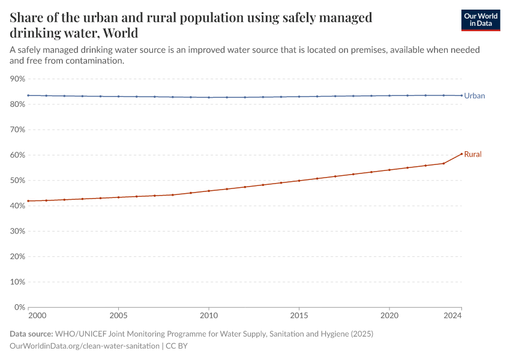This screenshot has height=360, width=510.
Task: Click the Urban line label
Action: [x=474, y=96]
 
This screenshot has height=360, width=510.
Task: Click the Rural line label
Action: [x=472, y=155]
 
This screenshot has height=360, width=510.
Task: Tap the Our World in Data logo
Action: [x=480, y=20]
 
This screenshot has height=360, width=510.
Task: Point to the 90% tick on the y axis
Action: [x=17, y=79]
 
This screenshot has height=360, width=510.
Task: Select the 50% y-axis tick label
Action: [x=17, y=181]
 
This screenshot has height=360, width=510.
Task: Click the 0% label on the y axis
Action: [x=20, y=307]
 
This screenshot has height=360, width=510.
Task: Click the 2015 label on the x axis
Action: [x=299, y=315]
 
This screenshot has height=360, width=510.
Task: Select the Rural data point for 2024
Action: [x=461, y=154]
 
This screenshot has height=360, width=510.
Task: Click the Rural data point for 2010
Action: [x=209, y=191]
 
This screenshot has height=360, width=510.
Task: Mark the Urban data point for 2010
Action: [x=209, y=97]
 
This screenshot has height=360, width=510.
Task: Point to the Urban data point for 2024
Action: [x=461, y=95]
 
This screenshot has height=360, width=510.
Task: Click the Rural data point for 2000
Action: [x=28, y=201]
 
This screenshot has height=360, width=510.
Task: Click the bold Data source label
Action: [x=31, y=334]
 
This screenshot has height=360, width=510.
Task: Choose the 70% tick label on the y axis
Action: [x=17, y=130]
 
